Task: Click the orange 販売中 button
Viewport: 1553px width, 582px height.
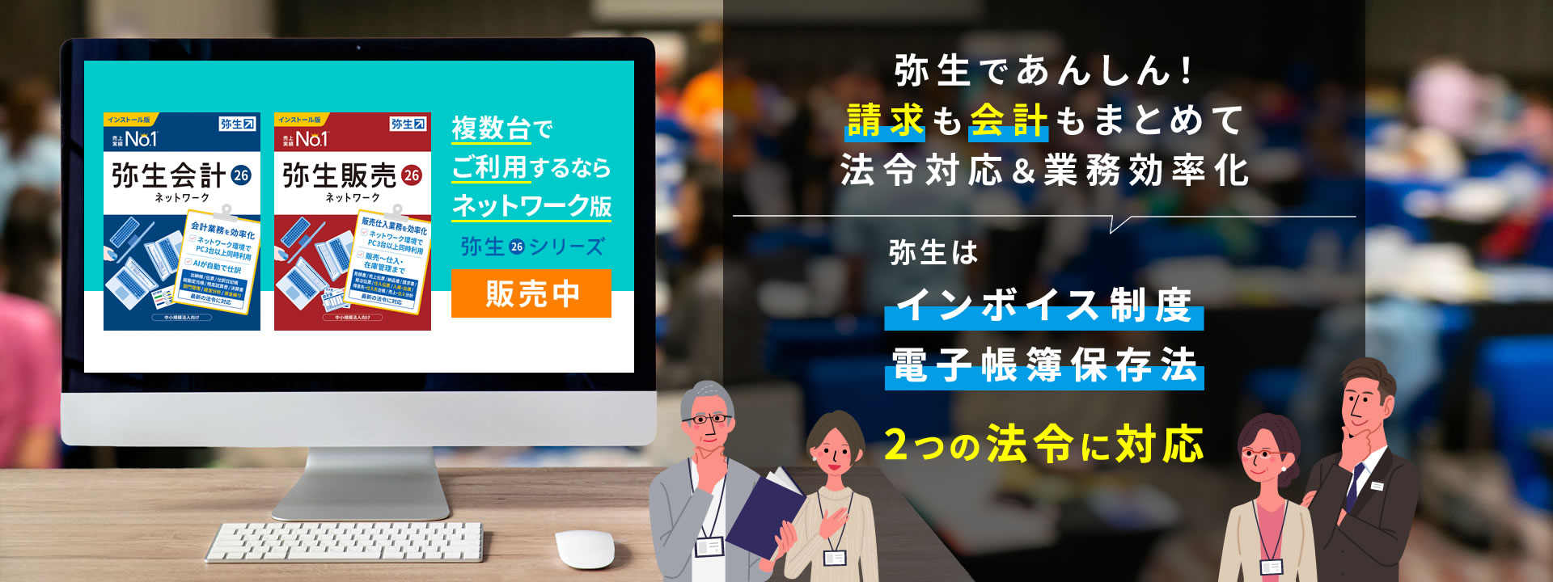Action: pyautogui.click(x=531, y=293)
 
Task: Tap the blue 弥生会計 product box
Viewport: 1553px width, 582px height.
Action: pyautogui.click(x=182, y=221)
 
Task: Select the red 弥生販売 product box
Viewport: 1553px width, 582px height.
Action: pyautogui.click(x=352, y=221)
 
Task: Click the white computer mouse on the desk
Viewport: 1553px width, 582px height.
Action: pyautogui.click(x=584, y=549)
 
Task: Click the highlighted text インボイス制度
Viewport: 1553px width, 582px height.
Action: pyautogui.click(x=1043, y=306)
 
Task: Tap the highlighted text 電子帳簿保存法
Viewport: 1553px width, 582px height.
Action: pyautogui.click(x=1043, y=366)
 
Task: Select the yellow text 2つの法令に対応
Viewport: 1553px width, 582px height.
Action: pyautogui.click(x=1043, y=445)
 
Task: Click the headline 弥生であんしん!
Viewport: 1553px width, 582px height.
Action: pyautogui.click(x=1043, y=71)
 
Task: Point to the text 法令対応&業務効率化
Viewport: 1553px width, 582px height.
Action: pyautogui.click(x=1043, y=171)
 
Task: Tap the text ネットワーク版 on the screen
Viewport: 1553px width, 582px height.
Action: pyautogui.click(x=531, y=205)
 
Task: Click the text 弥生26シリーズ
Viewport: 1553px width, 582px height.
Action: pyautogui.click(x=532, y=247)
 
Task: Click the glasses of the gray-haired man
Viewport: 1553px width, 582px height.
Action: pyautogui.click(x=707, y=419)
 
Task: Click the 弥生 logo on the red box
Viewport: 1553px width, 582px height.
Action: pyautogui.click(x=408, y=124)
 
